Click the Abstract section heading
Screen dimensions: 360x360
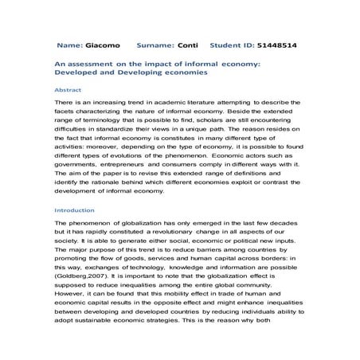click(x=68, y=91)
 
